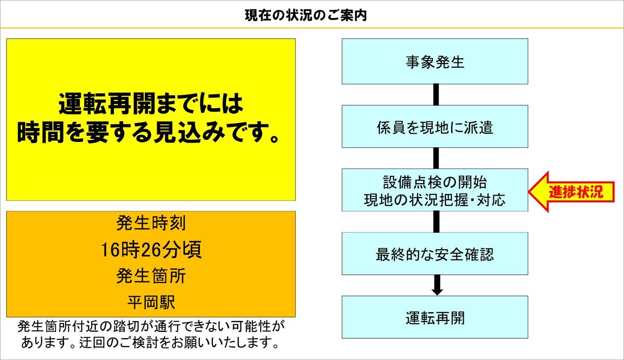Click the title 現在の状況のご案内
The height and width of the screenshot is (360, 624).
(305, 16)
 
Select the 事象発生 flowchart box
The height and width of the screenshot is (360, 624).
(435, 61)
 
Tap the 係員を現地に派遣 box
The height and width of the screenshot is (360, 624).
(435, 126)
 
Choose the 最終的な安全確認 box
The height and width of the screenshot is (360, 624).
(435, 254)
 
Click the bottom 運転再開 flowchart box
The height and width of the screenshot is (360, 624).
(435, 317)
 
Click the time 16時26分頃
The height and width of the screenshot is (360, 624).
(151, 250)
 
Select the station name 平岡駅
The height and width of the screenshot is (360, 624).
(151, 302)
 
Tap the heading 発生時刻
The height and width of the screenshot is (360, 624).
(151, 223)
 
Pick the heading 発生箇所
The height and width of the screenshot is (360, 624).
(151, 276)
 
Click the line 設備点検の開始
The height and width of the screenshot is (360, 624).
(435, 182)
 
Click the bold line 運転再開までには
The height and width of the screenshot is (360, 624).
(151, 104)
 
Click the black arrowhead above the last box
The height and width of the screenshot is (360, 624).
(437, 291)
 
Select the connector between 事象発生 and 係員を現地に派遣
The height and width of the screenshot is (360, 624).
(436, 95)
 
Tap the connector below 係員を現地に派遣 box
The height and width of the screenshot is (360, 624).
(436, 158)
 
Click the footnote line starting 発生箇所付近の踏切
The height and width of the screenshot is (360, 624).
(151, 326)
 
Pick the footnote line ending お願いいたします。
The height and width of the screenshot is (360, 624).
(151, 342)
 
